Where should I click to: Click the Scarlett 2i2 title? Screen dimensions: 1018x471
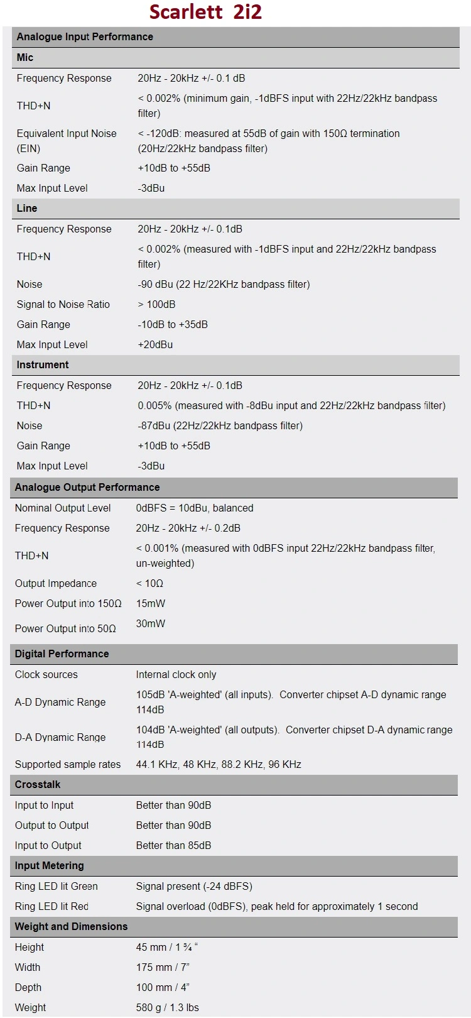pos(205,12)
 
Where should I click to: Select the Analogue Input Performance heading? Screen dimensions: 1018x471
pos(85,36)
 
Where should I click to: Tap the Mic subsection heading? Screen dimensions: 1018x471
pos(25,57)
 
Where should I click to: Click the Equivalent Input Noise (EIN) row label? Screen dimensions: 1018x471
pos(67,141)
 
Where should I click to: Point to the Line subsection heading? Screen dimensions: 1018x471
pos(27,208)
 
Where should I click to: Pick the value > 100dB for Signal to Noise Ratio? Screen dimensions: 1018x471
pos(156,304)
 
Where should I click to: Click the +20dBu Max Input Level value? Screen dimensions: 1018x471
pos(155,344)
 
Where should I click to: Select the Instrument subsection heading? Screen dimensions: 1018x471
pos(43,364)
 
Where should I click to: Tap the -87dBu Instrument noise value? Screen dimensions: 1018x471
pos(220,425)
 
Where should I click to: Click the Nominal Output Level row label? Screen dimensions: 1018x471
pos(63,508)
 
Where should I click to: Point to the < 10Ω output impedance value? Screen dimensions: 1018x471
pos(149,583)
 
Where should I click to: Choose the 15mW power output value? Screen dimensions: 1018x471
pos(151,603)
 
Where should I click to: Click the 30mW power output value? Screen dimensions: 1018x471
pos(151,623)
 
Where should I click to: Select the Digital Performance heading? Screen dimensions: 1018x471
pos(62,654)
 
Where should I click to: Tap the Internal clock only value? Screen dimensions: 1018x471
pos(176,674)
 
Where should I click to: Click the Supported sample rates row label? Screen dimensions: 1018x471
pos(68,764)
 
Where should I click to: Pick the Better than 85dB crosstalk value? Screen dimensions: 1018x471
pos(173,845)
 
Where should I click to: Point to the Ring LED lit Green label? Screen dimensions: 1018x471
pos(57,886)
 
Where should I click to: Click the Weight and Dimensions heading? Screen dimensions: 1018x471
pos(71,926)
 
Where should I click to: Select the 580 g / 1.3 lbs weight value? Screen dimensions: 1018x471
pos(167,1007)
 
